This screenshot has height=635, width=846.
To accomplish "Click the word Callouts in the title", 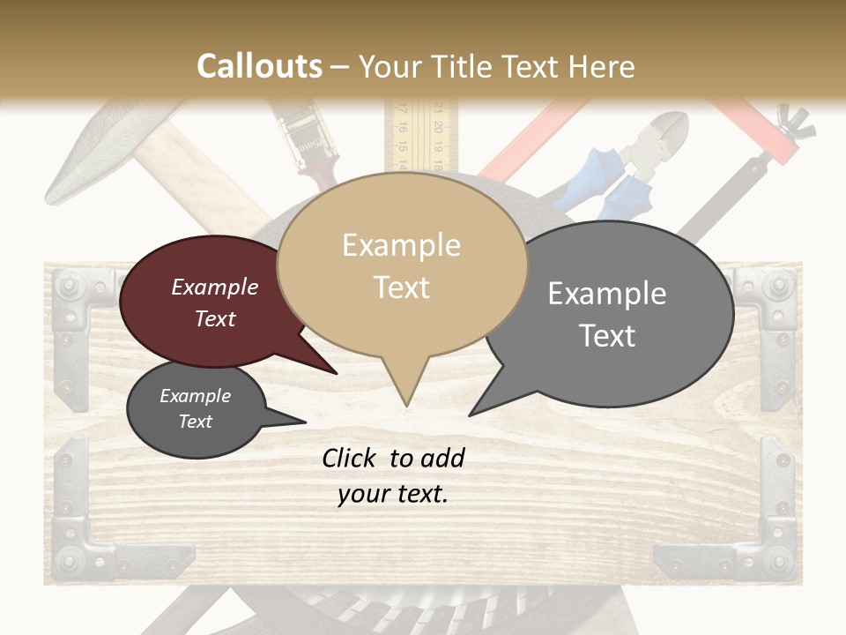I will point(259,66).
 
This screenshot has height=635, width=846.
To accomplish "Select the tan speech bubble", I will point(402,265).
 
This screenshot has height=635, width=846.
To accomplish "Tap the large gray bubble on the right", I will point(608,313).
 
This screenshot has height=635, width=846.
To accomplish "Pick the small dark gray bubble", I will point(196,409).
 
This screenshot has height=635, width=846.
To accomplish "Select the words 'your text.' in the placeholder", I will point(393,495).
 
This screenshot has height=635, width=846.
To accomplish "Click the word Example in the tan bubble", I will point(402,245).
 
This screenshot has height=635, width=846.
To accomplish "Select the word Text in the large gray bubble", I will point(608,336).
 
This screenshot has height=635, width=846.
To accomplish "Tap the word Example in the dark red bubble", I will point(215,287).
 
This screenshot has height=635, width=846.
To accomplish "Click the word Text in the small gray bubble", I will point(196,422).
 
